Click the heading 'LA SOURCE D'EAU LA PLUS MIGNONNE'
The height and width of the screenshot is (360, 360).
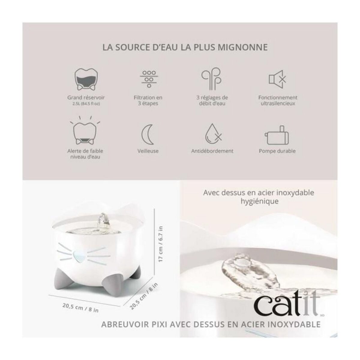tap(185, 47)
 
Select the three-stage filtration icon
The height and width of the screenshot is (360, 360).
tap(149, 79)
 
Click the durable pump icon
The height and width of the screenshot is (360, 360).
tap(277, 134)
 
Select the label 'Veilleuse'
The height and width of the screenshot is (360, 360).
tap(148, 151)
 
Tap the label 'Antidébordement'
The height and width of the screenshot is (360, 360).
tap(212, 151)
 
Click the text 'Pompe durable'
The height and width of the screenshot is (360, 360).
tap(277, 151)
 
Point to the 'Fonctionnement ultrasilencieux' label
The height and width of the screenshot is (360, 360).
tap(277, 100)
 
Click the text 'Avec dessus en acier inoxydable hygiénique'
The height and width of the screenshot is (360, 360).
tap(259, 197)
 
